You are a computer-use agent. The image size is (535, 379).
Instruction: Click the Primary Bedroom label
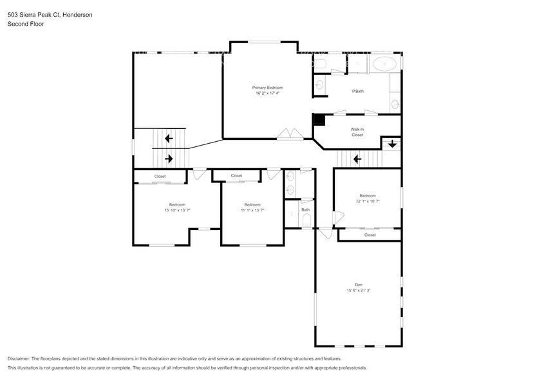pyautogui.click(x=267, y=87)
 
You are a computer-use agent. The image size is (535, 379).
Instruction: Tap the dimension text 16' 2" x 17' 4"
pyautogui.click(x=267, y=93)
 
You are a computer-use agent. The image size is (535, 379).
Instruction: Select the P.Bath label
pyautogui.click(x=357, y=91)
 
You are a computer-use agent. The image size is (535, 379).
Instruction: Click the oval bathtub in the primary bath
pyautogui.click(x=385, y=64)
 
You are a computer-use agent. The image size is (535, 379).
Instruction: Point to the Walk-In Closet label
pyautogui.click(x=357, y=132)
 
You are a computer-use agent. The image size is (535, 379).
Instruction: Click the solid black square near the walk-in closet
pyautogui.click(x=319, y=119)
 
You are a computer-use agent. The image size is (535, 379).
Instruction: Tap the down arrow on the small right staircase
pyautogui.click(x=392, y=144)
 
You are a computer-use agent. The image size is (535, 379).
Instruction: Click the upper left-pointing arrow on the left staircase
pyautogui.click(x=169, y=138)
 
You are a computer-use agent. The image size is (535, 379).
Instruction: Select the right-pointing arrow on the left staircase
pyautogui.click(x=169, y=158)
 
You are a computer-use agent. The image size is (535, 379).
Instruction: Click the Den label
pyautogui.click(x=359, y=284)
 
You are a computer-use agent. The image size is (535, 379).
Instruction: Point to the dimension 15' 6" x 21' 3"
pyautogui.click(x=359, y=290)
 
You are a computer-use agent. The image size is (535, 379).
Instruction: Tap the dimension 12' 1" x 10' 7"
pyautogui.click(x=368, y=201)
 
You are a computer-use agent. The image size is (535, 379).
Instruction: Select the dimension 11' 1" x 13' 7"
pyautogui.click(x=252, y=210)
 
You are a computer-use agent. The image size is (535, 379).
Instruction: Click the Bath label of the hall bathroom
pyautogui.click(x=305, y=209)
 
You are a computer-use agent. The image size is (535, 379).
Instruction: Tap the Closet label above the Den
pyautogui.click(x=370, y=235)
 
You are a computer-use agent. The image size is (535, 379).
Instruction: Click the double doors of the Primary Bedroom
pyautogui.click(x=289, y=134)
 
